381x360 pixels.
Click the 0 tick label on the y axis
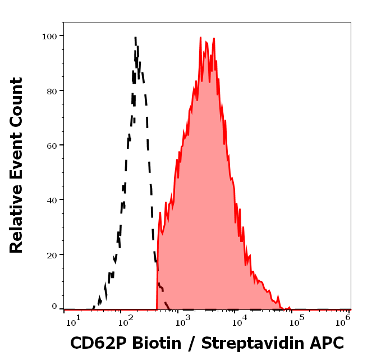(54, 307)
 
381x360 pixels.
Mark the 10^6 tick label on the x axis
(343, 320)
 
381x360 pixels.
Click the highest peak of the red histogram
(200, 38)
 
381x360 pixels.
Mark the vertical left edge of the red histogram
(157, 275)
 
